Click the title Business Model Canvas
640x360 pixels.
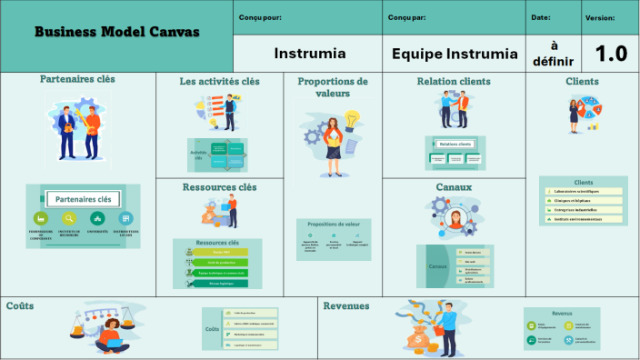(117, 33)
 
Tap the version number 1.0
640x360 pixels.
(610, 54)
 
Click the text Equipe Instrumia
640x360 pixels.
(454, 54)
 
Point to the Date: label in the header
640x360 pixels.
(541, 17)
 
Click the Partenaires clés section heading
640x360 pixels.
(77, 79)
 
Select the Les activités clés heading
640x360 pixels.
(219, 82)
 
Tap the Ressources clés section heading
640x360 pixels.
(219, 188)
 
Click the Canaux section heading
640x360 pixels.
(454, 187)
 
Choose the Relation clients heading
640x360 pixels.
(454, 82)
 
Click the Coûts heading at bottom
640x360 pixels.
(20, 305)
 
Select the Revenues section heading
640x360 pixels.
(346, 306)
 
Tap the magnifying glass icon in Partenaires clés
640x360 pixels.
(68, 219)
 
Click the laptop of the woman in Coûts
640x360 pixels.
(110, 344)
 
